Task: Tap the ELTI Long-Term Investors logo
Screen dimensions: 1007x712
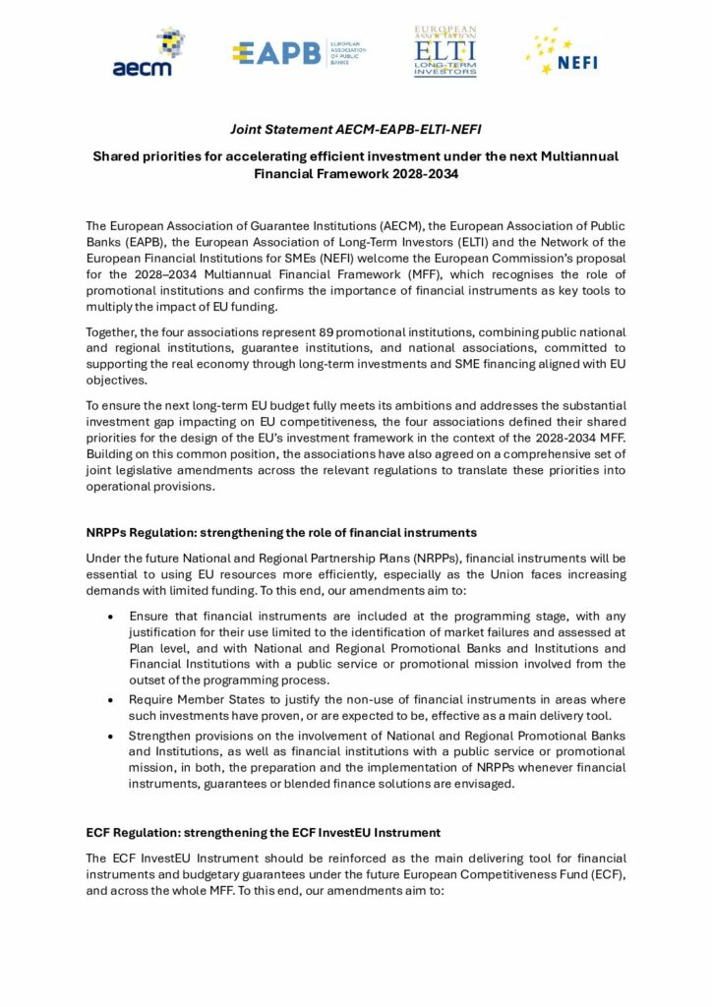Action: pos(445,52)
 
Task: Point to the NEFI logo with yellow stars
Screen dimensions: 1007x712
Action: pos(563,53)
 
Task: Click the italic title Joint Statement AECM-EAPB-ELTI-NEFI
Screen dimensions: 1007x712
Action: pos(355,129)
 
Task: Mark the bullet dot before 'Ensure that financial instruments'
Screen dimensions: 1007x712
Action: pos(109,616)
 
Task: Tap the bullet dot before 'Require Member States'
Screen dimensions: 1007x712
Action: pos(109,699)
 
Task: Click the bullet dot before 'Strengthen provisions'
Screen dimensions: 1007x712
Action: pos(109,737)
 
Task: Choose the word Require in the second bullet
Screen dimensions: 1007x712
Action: pos(151,699)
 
